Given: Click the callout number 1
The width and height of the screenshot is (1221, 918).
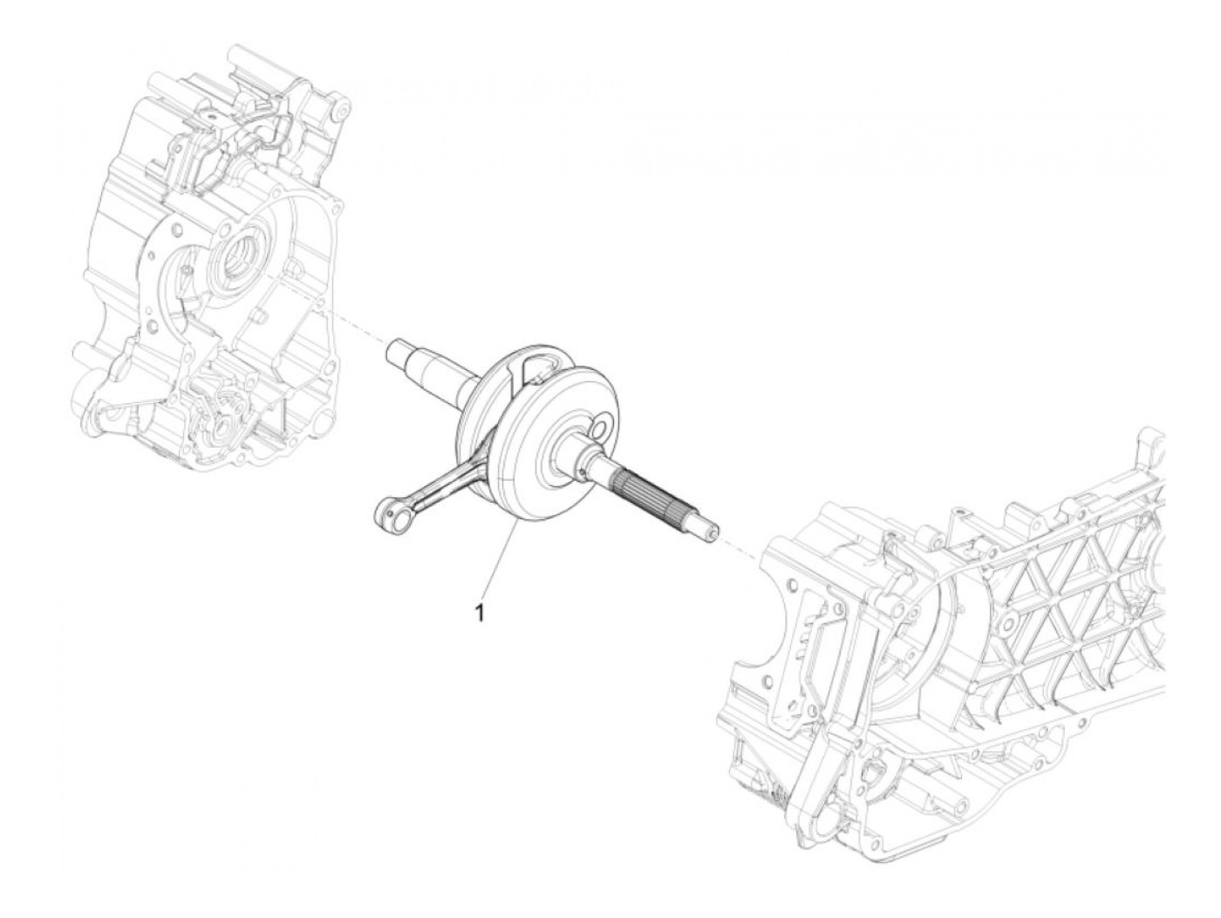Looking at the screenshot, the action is pos(479,613).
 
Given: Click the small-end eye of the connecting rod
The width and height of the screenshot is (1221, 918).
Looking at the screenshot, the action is pos(384,508).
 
